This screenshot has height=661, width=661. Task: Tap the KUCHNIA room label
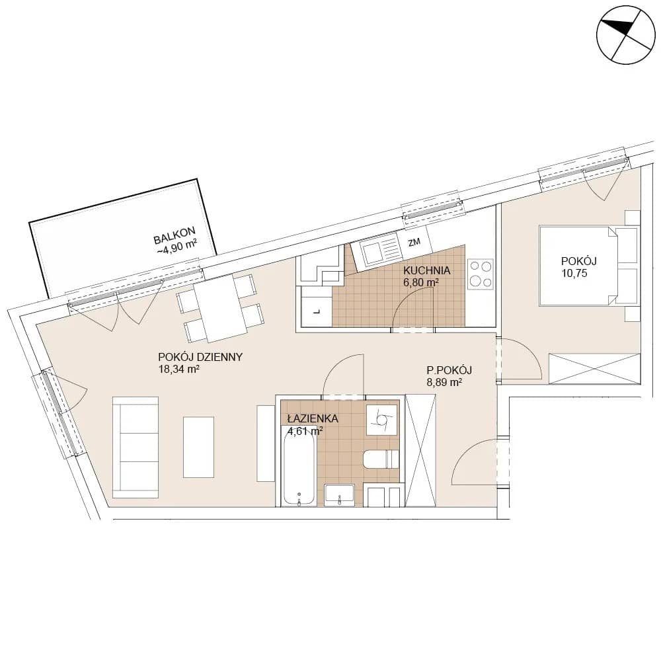click(426, 270)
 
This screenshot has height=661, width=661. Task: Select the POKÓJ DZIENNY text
click(200, 357)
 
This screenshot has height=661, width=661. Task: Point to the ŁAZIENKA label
click(313, 418)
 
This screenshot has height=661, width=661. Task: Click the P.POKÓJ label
click(449, 370)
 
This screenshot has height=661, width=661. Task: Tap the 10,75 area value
click(574, 273)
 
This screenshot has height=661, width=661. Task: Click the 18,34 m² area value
click(178, 369)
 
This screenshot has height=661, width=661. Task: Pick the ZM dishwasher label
click(414, 242)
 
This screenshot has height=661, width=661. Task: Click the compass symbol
click(626, 35)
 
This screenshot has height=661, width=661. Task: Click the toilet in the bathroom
click(381, 459)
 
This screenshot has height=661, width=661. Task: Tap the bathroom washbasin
click(339, 495)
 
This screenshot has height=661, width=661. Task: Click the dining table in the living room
click(221, 308)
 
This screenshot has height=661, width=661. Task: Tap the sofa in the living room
click(136, 447)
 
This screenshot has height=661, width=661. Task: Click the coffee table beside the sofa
click(198, 447)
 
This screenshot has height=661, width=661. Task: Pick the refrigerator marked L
click(317, 311)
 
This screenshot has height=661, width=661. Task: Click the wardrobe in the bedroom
click(594, 369)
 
